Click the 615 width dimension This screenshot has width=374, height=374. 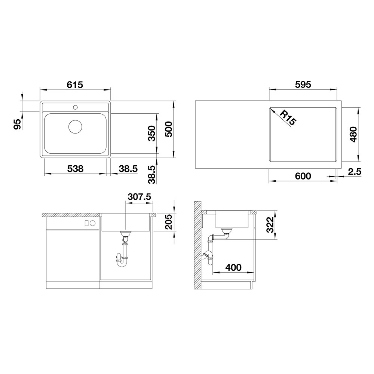click(x=75, y=85)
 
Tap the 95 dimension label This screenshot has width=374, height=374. click(x=18, y=124)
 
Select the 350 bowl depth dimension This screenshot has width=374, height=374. click(x=152, y=134)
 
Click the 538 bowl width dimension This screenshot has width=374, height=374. click(x=76, y=169)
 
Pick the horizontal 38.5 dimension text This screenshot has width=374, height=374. click(x=128, y=169)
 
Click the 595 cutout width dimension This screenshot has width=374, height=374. click(x=303, y=85)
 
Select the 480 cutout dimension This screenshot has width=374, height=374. click(x=353, y=135)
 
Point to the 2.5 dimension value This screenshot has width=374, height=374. click(x=355, y=172)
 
